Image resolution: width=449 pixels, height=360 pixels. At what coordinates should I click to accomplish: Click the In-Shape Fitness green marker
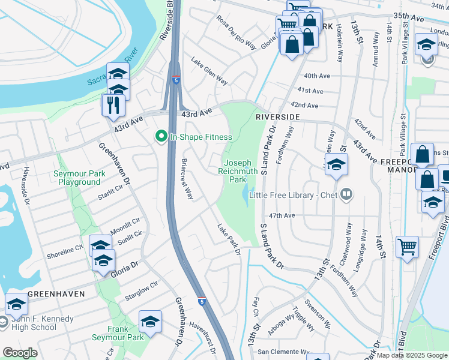pyautogui.click(x=161, y=137)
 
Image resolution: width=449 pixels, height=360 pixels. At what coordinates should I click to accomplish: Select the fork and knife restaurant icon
pyautogui.click(x=113, y=104)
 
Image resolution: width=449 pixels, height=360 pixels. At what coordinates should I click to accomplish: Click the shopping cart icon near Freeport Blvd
pyautogui.click(x=407, y=247)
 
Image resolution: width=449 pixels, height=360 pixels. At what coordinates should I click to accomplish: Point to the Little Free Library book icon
pyautogui.click(x=346, y=194)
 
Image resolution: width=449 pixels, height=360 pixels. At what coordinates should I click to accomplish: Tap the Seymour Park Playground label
pyautogui.click(x=76, y=178)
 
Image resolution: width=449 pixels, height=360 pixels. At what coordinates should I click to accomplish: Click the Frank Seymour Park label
pyautogui.click(x=126, y=333)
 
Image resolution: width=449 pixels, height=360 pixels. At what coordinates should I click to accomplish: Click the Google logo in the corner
pyautogui.click(x=20, y=353)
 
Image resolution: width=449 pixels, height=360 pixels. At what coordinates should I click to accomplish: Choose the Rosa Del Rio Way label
pyautogui.click(x=237, y=33)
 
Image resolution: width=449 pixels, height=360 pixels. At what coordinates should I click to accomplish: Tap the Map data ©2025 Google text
pyautogui.click(x=411, y=355)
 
